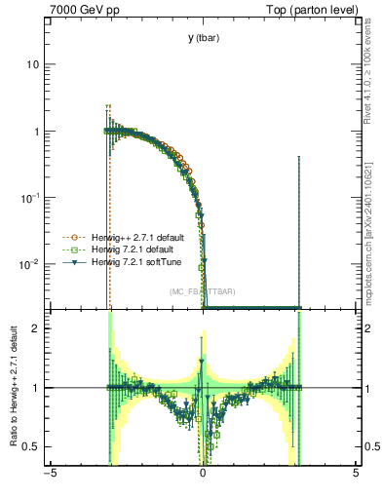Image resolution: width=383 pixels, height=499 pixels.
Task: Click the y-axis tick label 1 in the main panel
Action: (x=36, y=131)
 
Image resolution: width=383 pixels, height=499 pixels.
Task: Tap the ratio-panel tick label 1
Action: (x=36, y=388)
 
